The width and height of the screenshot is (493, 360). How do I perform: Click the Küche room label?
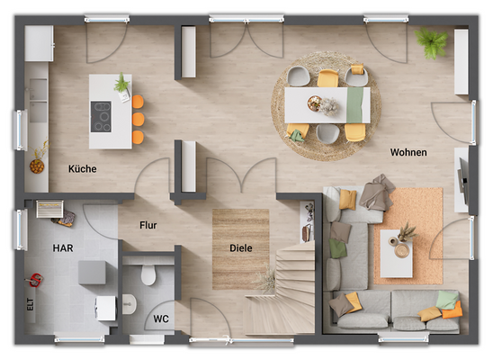[x=82, y=168]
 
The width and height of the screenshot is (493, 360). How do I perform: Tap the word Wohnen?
[x=408, y=152]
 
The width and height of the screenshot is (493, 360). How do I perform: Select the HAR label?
[x=63, y=247]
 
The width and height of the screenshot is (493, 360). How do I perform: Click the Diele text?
[x=240, y=247]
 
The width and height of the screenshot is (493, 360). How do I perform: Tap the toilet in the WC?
[x=149, y=273]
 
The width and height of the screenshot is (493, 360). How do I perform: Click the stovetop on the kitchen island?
[x=102, y=116]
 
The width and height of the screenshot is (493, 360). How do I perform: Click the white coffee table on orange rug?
[x=396, y=254]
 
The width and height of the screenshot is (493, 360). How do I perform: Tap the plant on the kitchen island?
[x=121, y=84]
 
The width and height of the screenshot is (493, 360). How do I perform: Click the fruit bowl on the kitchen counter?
[x=37, y=165]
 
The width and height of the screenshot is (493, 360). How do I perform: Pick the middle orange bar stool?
[x=138, y=119]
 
